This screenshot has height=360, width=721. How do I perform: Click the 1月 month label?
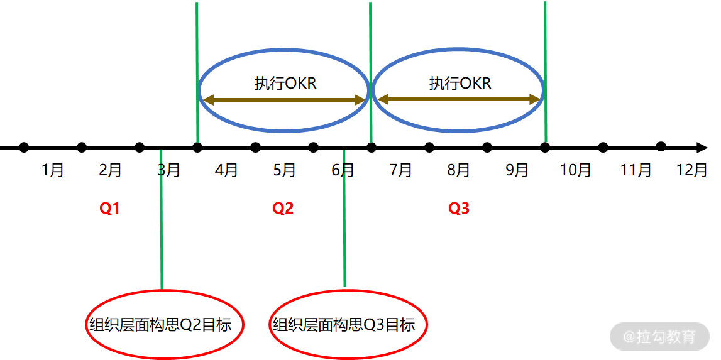point(53,170)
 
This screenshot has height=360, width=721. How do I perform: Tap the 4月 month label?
point(226,170)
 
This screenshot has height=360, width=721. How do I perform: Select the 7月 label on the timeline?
point(400,170)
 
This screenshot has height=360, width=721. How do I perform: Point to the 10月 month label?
point(575,170)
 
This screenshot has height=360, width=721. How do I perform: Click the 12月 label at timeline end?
point(691,170)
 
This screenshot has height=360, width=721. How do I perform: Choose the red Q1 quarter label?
point(109,209)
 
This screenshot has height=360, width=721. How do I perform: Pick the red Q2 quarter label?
point(283,209)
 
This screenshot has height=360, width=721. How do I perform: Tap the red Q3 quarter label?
point(458,209)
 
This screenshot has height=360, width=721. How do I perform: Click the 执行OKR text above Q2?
point(285,84)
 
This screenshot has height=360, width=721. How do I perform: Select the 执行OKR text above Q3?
point(460,84)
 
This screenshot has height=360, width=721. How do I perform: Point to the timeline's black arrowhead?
point(702,148)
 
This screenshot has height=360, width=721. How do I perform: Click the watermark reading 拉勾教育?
point(659,337)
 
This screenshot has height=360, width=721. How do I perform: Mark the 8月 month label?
point(458,170)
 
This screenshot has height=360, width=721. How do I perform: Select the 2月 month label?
point(111,170)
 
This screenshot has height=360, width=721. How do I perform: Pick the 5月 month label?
point(284,170)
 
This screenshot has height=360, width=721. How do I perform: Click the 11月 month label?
point(636,170)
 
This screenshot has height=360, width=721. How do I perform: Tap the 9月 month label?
point(517,170)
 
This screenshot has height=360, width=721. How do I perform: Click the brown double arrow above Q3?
point(460,99)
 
